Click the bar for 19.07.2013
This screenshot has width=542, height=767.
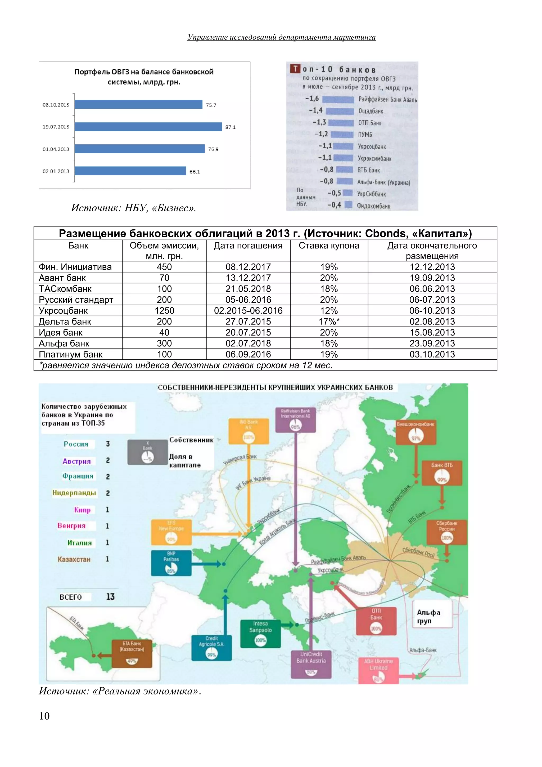(148, 127)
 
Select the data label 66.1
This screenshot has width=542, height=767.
(195, 172)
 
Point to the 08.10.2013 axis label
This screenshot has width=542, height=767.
(56, 105)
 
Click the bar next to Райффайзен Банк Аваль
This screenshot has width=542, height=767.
(338, 100)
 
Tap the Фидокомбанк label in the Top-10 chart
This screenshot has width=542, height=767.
(373, 206)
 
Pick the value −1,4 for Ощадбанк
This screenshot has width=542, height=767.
(315, 110)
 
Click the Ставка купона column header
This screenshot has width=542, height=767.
(329, 246)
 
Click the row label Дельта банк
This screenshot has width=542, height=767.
(65, 322)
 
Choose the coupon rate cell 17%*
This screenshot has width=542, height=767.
(329, 322)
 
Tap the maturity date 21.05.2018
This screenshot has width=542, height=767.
(248, 289)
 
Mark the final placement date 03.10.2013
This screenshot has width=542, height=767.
(432, 354)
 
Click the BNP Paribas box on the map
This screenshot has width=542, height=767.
(171, 563)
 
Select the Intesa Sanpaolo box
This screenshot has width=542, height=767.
(260, 634)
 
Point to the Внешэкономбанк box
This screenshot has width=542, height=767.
(415, 432)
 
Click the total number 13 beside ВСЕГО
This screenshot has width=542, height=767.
(110, 597)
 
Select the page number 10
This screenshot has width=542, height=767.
(44, 716)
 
